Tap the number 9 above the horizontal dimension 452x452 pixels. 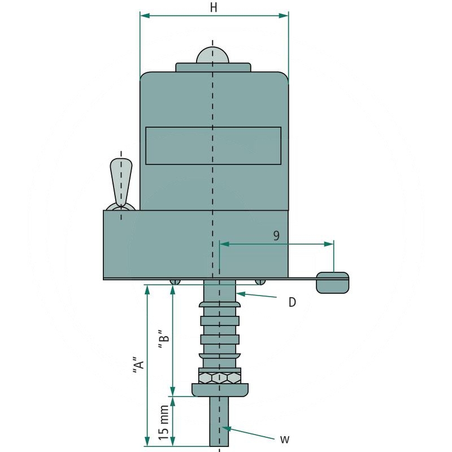[x=276, y=236]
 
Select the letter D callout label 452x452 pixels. [x=292, y=302]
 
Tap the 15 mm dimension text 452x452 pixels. [x=164, y=423]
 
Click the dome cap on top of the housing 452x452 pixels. [x=213, y=55]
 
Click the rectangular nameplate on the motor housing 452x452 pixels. [x=213, y=146]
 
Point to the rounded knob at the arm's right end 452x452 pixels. [x=332, y=282]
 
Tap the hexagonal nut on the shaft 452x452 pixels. [x=219, y=377]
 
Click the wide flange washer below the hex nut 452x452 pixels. [x=220, y=389]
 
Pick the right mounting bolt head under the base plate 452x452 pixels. [x=260, y=281]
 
